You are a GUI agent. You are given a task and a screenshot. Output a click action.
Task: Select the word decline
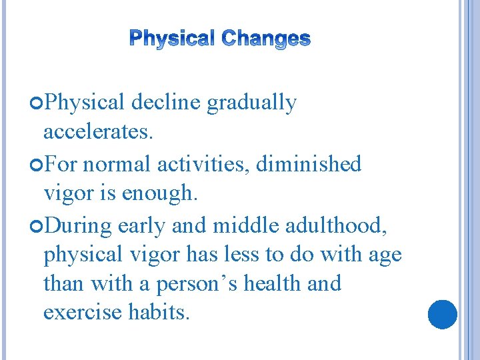167,103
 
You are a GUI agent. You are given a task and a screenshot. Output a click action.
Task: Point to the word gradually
251,103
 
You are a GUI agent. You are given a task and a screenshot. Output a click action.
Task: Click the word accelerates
98,133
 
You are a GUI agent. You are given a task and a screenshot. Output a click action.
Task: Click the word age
385,255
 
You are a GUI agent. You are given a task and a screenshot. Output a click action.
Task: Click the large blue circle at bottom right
442,314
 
